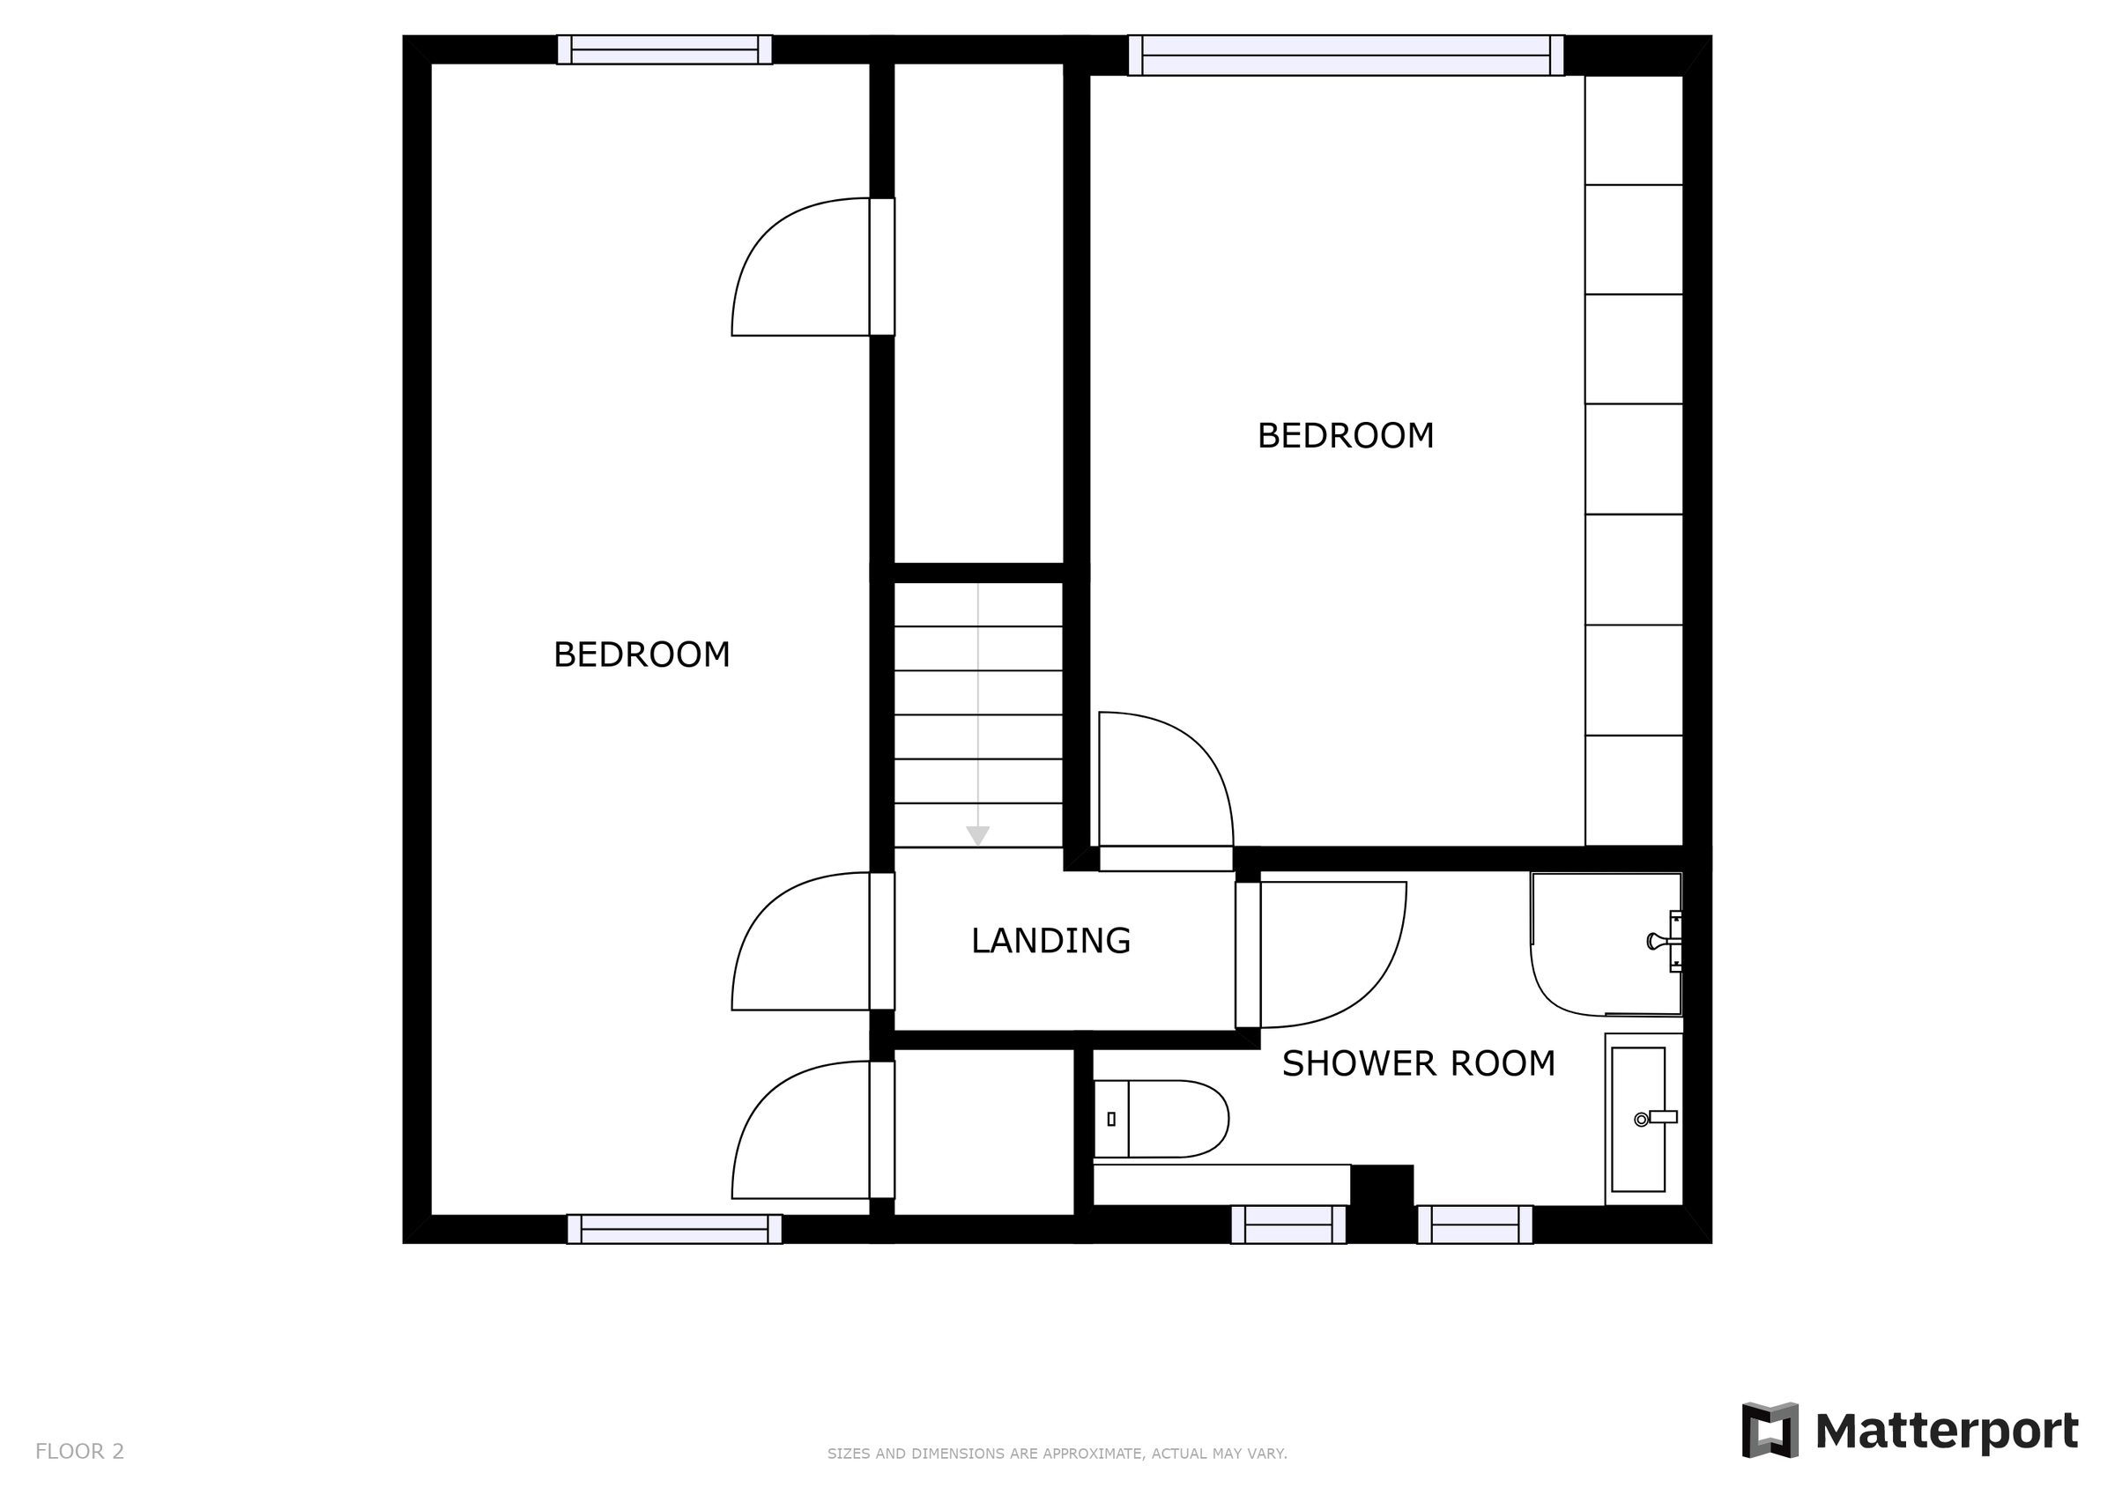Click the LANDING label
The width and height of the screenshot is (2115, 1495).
click(1050, 941)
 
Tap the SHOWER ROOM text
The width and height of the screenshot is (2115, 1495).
click(1418, 1064)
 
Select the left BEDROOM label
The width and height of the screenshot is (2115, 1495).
click(642, 655)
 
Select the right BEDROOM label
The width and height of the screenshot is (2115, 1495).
click(1345, 436)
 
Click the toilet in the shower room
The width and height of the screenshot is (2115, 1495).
click(1162, 1119)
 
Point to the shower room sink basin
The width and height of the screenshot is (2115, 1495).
click(1638, 1119)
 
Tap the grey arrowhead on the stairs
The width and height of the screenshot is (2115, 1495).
click(977, 835)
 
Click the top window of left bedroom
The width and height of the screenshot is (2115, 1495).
click(664, 49)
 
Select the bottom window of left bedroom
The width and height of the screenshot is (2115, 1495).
click(674, 1229)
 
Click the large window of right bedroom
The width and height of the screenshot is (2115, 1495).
click(1345, 56)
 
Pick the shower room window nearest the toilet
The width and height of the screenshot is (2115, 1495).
click(1288, 1225)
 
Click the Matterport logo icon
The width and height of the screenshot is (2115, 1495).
click(1769, 1430)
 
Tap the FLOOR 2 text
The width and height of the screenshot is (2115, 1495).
click(79, 1452)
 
